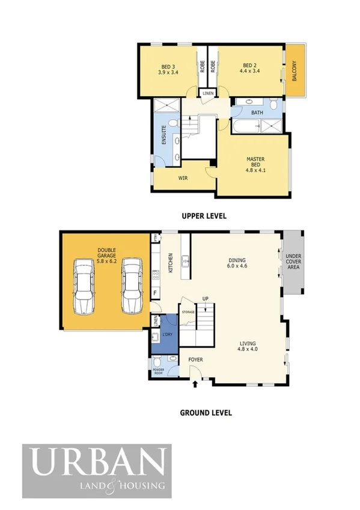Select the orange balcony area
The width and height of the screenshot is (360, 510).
click(x=294, y=70)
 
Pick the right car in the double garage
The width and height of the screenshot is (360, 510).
click(x=132, y=286)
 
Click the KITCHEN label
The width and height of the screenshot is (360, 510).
click(x=171, y=262)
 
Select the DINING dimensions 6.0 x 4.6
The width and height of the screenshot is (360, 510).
click(x=237, y=265)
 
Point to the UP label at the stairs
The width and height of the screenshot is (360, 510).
click(x=205, y=300)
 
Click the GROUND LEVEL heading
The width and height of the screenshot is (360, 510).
click(x=206, y=413)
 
